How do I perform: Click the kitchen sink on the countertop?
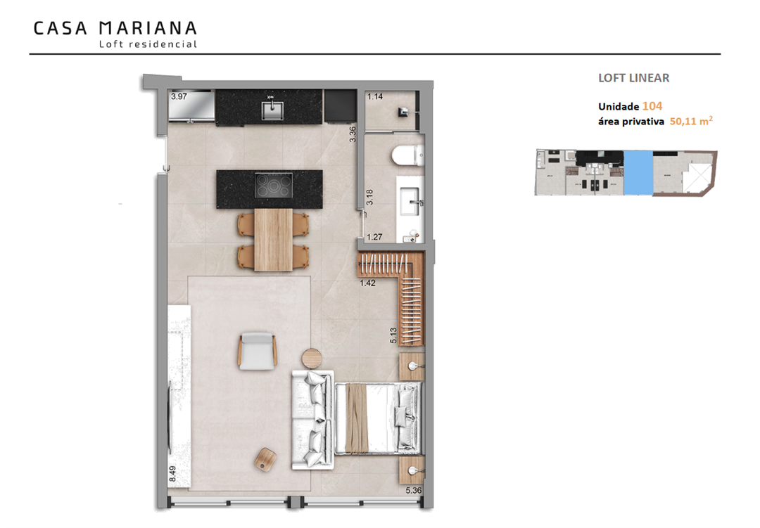point(270,110)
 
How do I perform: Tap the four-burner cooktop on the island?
point(274,185)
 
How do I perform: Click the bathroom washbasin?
point(414,202)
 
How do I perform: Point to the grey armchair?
point(258,352)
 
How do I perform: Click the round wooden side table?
point(312,359)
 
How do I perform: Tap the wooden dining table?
point(273,239)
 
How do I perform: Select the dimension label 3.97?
point(179,96)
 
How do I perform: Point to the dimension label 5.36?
point(414,490)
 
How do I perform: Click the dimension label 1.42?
point(367,283)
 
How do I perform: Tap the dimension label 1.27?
point(374,237)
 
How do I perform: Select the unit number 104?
point(652,106)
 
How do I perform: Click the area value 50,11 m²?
point(691,121)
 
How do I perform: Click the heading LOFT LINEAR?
point(633,78)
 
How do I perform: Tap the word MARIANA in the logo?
point(148,28)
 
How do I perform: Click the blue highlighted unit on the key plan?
point(638,173)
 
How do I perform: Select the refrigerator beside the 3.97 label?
point(191,105)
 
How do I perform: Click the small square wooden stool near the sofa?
point(265,458)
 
